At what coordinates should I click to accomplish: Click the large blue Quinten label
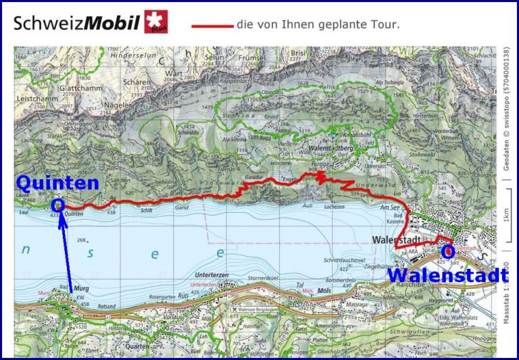(x=57, y=182)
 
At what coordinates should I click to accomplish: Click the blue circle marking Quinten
(x=57, y=203)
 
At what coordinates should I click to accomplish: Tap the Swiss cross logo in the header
(x=156, y=22)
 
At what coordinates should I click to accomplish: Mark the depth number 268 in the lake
(x=83, y=240)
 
